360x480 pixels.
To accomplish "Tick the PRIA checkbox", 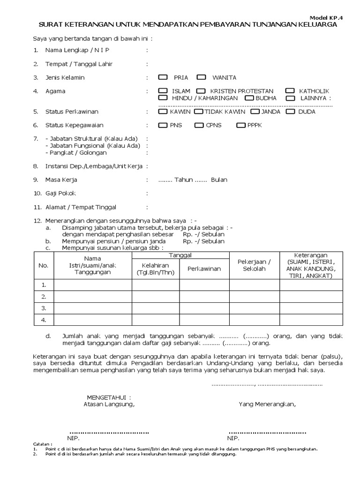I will [x=163, y=77].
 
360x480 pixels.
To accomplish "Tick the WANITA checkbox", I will [x=201, y=77].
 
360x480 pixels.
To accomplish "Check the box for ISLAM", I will [x=163, y=91].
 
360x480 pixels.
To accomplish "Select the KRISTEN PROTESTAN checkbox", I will [x=201, y=91].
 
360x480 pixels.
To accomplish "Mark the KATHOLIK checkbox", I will [x=290, y=91].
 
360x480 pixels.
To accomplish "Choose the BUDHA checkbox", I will [x=249, y=98].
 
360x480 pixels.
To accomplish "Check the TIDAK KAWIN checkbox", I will [x=198, y=112].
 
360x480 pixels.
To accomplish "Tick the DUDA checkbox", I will [x=290, y=112].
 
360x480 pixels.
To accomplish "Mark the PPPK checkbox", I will [x=241, y=125].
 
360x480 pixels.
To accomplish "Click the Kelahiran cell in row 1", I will [x=156, y=285].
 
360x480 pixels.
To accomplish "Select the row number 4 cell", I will [x=44, y=320].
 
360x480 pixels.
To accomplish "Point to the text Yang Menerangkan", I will [x=267, y=404].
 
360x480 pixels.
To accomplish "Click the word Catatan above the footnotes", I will [x=43, y=443].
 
